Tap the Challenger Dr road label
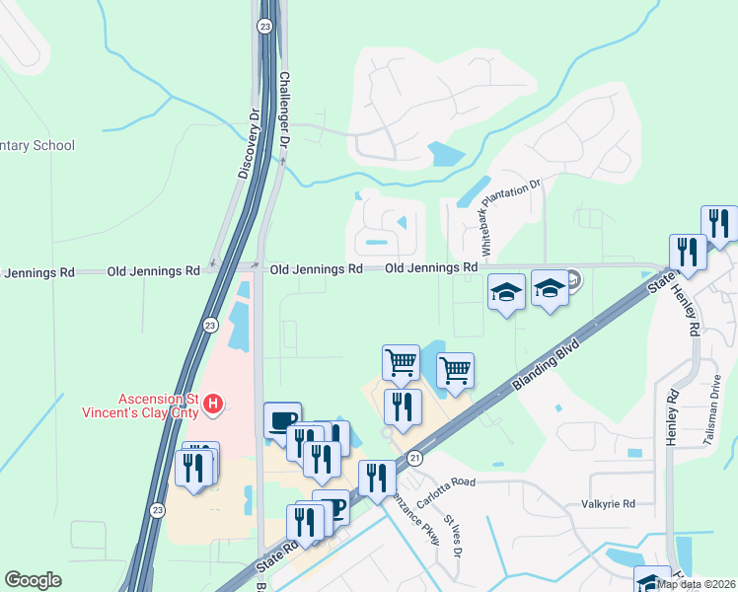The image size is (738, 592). click(284, 110)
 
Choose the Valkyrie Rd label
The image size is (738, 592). click(608, 504)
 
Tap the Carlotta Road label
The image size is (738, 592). click(446, 488)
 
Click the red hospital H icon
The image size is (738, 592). click(213, 403)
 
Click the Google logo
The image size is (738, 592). click(33, 580)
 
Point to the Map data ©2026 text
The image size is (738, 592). click(697, 584)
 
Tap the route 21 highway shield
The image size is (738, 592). click(414, 457)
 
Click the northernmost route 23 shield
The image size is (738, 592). click(264, 27)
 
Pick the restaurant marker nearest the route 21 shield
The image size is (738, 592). click(376, 479)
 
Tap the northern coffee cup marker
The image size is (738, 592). click(282, 419)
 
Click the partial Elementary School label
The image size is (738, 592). click(37, 146)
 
